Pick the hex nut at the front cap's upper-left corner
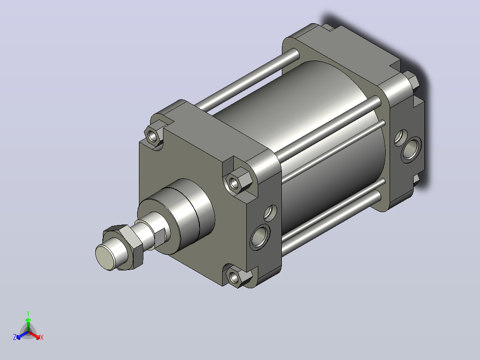point(153,135)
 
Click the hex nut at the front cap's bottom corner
point(239,276)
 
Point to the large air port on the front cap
point(260,236)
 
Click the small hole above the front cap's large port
point(270,213)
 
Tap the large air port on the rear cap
point(411,149)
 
